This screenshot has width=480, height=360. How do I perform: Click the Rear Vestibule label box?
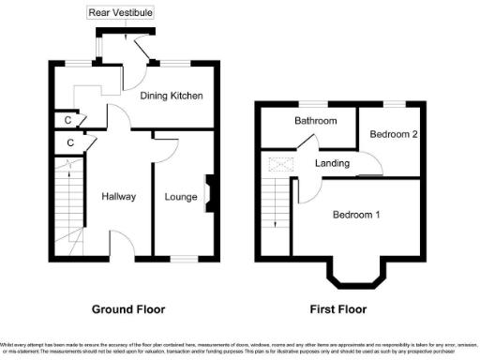[121, 13]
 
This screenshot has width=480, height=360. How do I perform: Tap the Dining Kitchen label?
[172, 96]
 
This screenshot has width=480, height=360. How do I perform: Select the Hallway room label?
[119, 197]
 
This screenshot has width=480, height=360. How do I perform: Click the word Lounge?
[180, 197]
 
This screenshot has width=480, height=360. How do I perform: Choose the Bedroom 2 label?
[393, 134]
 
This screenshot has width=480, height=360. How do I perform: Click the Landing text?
[332, 163]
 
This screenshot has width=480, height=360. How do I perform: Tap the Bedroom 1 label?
[356, 215]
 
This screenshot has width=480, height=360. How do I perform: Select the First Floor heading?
[338, 308]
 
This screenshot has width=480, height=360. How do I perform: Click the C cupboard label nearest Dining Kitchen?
[67, 120]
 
